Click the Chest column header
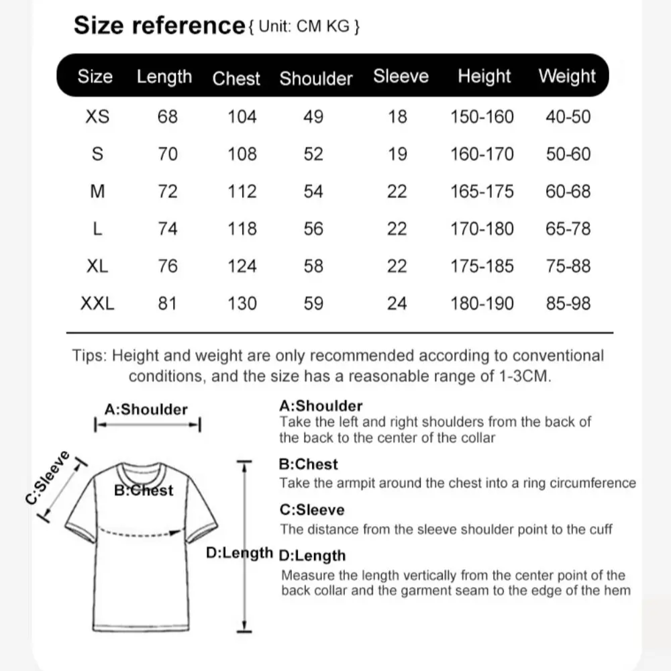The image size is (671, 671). coord(236,78)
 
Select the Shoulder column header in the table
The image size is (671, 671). coord(316,78)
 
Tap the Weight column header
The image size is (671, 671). coord(567,76)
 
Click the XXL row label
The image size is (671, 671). coord(97,303)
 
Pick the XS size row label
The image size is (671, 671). coord(97,117)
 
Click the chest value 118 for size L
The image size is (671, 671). coord(242,229)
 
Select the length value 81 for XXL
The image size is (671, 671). coord(167,303)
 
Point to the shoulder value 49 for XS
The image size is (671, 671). coord(313,117)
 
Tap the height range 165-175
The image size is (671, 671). coord(482,191)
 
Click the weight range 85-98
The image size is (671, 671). coord(568,303)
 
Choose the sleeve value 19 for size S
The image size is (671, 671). coord(397,154)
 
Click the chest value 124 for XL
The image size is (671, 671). coord(242,266)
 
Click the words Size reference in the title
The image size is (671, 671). coord(159,25)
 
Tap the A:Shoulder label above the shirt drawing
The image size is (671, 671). coord(146,409)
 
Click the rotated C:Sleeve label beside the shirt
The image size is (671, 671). coord(48,477)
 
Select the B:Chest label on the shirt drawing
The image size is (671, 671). coord(144,491)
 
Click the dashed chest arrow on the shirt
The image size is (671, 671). coord(141,535)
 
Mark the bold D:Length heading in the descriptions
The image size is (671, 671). coord(312,556)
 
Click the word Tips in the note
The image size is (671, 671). coord(89,356)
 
